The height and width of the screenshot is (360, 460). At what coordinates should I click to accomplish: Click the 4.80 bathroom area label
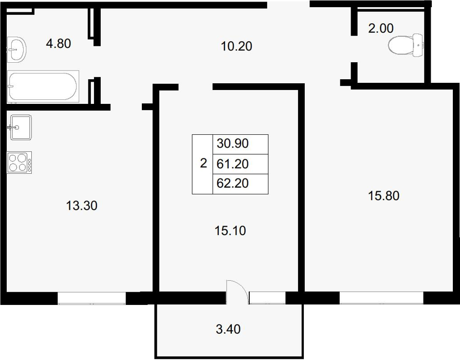tap(59, 44)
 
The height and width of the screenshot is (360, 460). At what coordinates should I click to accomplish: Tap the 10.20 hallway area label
tap(236, 46)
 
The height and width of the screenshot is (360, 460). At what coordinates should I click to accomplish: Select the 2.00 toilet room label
tap(380, 28)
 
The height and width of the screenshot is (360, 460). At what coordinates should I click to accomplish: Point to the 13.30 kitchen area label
tap(82, 206)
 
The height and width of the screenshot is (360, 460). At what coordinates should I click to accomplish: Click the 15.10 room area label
tap(230, 231)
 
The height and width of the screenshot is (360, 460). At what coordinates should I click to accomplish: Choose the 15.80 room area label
tap(383, 196)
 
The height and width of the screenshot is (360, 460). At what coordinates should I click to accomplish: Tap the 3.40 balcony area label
tap(228, 329)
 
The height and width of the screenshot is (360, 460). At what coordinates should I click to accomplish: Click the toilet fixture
tap(406, 45)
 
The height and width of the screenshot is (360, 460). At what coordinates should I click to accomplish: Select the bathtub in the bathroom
tap(43, 86)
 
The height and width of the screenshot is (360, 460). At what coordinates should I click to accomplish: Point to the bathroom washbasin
tap(16, 49)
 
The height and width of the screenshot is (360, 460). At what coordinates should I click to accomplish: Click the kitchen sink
tap(21, 128)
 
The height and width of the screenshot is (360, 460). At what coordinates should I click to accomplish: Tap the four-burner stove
tap(20, 163)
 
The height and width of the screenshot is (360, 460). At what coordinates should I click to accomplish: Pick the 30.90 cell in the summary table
tap(240, 144)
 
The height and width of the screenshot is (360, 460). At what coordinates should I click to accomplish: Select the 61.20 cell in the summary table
tap(240, 164)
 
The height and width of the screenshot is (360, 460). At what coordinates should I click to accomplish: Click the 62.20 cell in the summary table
tap(240, 184)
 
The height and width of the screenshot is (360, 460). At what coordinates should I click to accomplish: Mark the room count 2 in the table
tap(204, 163)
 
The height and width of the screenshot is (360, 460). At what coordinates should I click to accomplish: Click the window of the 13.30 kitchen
tap(91, 298)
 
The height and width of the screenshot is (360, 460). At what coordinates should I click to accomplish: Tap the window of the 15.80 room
tap(381, 298)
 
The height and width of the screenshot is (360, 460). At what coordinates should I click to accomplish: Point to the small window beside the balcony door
tap(267, 298)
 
